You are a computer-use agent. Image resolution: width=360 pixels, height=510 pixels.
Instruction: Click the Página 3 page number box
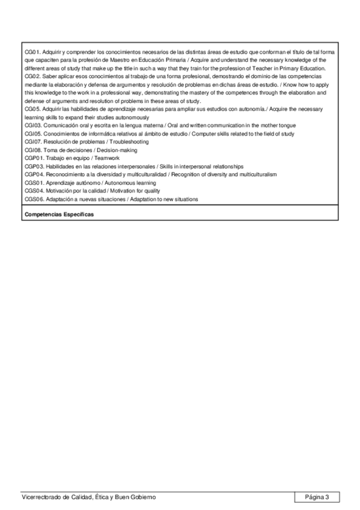click(317, 497)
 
